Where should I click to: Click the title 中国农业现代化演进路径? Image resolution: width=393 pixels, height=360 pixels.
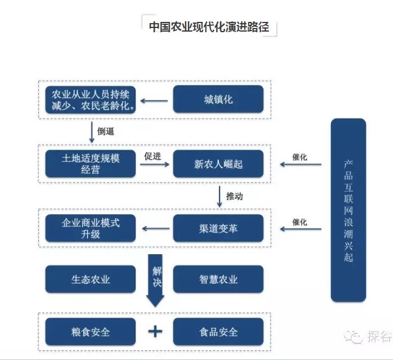tap(209, 27)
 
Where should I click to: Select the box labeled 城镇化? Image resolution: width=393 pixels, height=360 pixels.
tap(218, 99)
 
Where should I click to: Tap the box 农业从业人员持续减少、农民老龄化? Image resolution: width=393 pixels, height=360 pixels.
tap(91, 99)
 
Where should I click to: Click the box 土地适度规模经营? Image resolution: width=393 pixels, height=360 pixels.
tap(91, 164)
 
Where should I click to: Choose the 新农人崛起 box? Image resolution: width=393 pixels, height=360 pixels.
tap(218, 164)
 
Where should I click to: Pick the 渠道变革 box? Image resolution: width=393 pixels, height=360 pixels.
tap(218, 228)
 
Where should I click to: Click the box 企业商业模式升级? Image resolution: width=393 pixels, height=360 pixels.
tap(91, 228)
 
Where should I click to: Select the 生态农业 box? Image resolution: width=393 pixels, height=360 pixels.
tap(91, 279)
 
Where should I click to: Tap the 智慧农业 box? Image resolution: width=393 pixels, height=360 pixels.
tap(218, 279)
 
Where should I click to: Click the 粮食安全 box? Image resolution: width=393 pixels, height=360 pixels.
tap(91, 332)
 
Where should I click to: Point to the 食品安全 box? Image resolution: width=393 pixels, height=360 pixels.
tap(218, 332)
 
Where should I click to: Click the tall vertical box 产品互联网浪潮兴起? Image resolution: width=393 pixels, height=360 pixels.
tap(348, 210)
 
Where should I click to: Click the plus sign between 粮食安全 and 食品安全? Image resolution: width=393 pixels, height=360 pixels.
tap(156, 331)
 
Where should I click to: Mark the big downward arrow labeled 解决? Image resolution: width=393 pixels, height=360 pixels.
tap(156, 280)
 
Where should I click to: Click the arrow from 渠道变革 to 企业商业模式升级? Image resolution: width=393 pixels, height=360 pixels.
tap(156, 229)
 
